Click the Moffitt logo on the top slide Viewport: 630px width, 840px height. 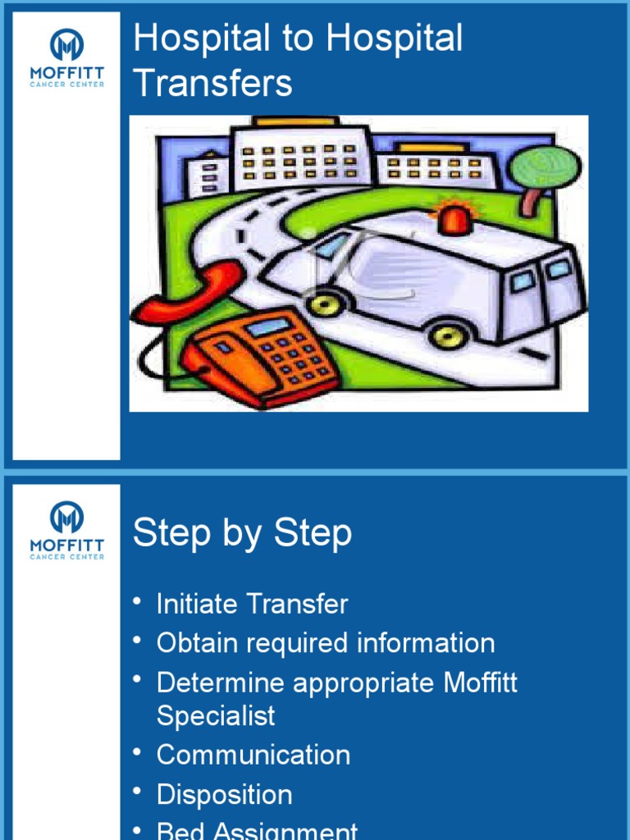point(66,58)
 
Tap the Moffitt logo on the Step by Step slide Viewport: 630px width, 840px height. point(66,530)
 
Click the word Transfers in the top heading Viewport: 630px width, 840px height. point(212,83)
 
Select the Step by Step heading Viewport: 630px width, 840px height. point(242,533)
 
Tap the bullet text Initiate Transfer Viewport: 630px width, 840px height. point(252,605)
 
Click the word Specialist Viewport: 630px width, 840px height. point(216,715)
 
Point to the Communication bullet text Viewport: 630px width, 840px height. point(253,755)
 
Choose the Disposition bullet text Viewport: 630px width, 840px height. point(224,794)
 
